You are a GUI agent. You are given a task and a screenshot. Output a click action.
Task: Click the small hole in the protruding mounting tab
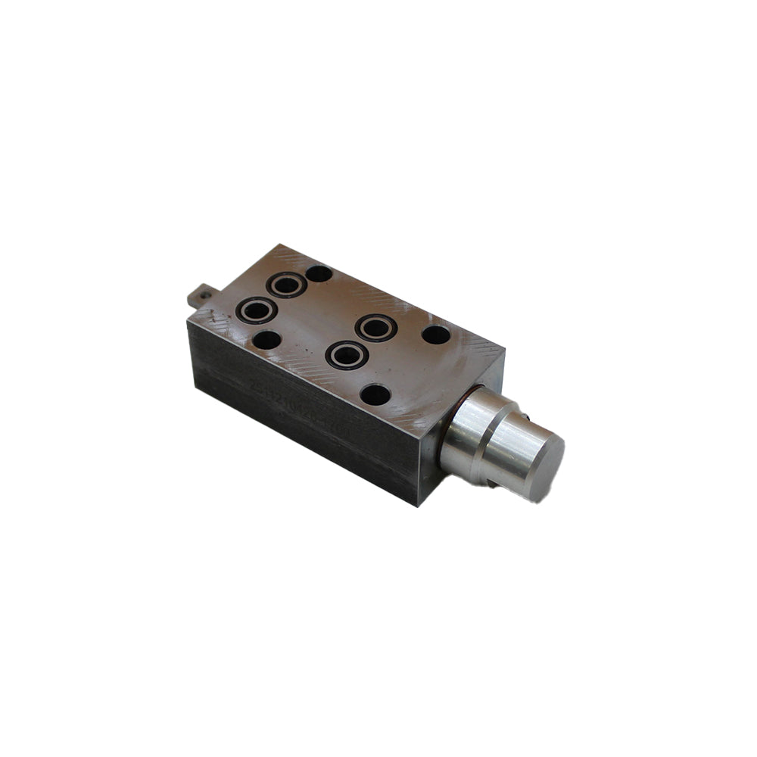[202, 291]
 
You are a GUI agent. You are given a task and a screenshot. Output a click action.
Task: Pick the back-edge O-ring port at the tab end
[287, 285]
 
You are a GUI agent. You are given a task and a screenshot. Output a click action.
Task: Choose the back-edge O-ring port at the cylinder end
[376, 328]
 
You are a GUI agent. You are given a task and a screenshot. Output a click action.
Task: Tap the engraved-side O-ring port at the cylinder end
[346, 354]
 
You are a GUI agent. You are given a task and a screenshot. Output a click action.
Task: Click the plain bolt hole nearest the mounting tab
[266, 340]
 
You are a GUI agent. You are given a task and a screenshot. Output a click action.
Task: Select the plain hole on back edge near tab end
[319, 273]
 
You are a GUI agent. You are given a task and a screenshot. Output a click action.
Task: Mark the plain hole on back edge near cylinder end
[435, 334]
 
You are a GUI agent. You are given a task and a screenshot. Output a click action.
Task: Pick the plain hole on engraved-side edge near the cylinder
[375, 394]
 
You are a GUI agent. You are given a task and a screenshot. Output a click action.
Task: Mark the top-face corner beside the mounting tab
[188, 321]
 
